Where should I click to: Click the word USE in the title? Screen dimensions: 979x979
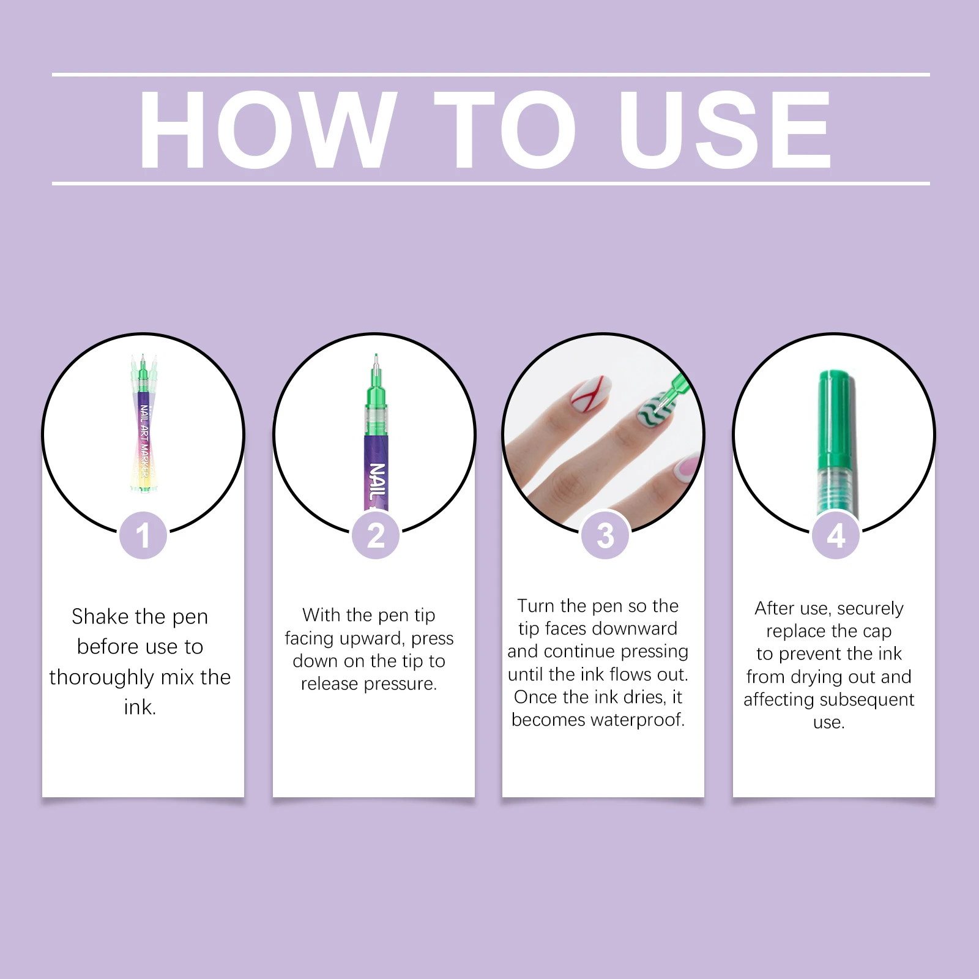click(724, 129)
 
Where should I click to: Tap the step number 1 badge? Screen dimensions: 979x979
click(143, 535)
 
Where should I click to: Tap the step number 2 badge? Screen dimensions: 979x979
click(375, 535)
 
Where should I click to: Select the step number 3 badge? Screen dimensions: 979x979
click(605, 535)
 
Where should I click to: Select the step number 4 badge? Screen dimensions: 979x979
click(836, 535)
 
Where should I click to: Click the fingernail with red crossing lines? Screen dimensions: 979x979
click(590, 393)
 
